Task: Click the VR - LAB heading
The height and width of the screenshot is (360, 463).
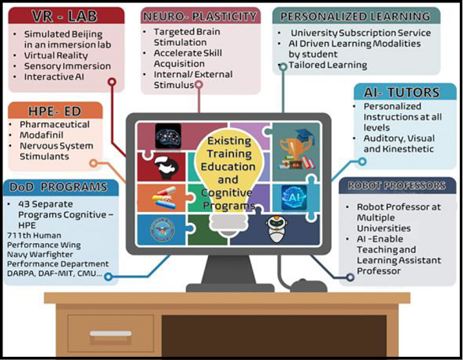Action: point(65,16)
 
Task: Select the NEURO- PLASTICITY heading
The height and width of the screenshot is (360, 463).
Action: point(200,16)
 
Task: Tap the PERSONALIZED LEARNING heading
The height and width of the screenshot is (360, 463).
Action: point(355,16)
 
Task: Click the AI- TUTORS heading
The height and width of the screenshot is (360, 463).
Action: point(401,93)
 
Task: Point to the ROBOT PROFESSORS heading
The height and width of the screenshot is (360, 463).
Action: point(397,185)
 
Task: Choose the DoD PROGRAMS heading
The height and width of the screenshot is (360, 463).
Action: point(58,187)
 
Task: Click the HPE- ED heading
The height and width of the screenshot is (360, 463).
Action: point(55,111)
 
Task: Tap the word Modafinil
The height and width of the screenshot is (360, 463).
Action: point(41,135)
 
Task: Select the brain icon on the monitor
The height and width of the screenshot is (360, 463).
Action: point(168,136)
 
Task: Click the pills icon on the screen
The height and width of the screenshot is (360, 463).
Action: point(164,198)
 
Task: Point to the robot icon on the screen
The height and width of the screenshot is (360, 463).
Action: point(275,228)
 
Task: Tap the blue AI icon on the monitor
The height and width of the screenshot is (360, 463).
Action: point(294,198)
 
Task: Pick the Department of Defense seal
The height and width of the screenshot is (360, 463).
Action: point(162,230)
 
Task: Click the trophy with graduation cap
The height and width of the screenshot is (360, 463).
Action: point(297,149)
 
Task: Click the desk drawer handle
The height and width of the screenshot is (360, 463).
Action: point(111,334)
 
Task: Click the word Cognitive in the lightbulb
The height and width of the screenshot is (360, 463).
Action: point(227,193)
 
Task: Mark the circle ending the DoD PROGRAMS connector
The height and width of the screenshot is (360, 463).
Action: point(108,277)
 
